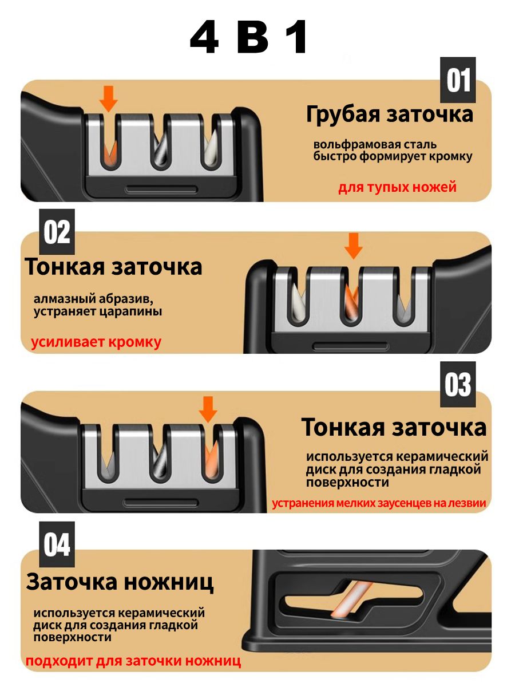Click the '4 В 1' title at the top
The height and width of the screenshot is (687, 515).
coord(249,37)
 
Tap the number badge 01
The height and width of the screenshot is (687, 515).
coord(458,80)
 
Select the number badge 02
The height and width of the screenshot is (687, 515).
coord(57,232)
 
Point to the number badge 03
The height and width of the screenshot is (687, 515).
coord(458,384)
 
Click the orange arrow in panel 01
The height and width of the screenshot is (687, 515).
coord(109,99)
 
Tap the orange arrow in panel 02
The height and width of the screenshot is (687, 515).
coord(353,246)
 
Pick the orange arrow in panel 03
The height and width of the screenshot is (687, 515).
coord(208,410)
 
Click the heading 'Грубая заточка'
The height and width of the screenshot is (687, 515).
coord(389,115)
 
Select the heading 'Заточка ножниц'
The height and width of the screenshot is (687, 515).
coord(120,582)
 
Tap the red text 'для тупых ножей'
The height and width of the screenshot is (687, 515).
coord(398,187)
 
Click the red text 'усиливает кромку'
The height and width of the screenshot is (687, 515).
coord(96,342)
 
